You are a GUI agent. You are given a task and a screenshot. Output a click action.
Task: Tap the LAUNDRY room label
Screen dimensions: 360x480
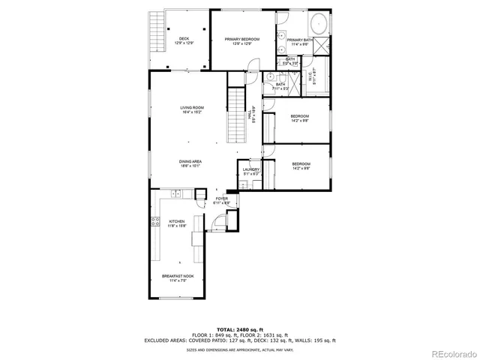tap(250, 171)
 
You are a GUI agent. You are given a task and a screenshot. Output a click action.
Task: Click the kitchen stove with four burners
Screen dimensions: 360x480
tap(156, 221)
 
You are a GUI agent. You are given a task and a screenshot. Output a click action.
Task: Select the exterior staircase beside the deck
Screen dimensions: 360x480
tap(156, 34)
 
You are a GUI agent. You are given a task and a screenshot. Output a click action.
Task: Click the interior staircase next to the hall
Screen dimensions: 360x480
tap(237, 116)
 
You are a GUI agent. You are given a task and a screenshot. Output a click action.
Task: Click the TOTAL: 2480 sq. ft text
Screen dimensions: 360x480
tap(239, 329)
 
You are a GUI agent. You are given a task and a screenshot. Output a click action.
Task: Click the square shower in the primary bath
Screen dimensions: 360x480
tap(320, 48)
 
